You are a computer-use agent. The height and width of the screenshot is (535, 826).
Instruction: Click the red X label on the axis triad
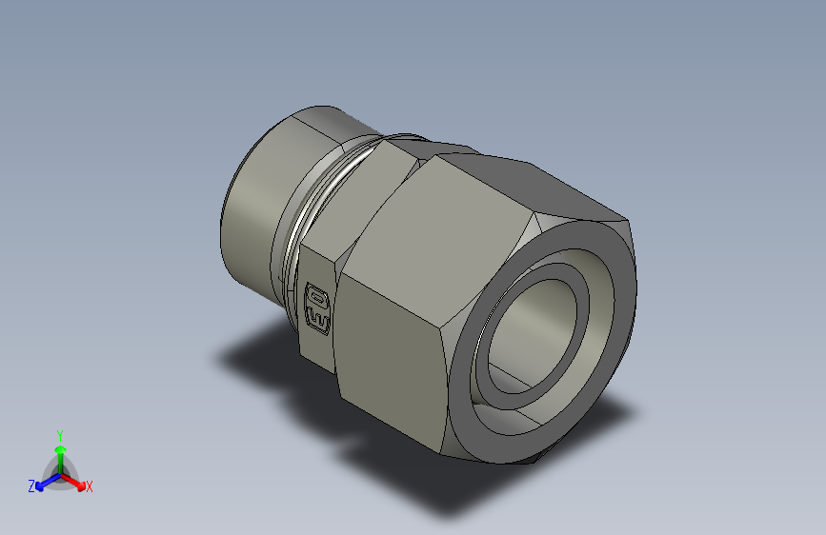[90, 487]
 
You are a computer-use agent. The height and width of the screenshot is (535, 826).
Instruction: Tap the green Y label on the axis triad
[59, 434]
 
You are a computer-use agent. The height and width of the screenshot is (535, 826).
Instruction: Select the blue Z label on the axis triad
[31, 485]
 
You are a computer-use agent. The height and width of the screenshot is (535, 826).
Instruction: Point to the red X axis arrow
[75, 480]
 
